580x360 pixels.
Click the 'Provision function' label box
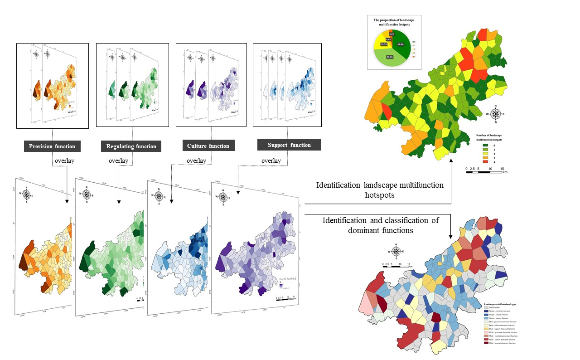[x=52, y=146]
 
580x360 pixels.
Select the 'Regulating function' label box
[x=131, y=146]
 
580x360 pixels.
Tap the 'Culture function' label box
[x=208, y=146]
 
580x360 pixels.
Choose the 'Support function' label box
[x=289, y=145]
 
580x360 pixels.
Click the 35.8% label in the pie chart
[x=400, y=44]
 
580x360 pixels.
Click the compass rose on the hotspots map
[x=496, y=114]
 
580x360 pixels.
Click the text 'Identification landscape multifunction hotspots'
[x=380, y=190]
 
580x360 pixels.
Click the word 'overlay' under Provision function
[x=65, y=161]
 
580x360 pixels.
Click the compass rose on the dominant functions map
[x=396, y=251]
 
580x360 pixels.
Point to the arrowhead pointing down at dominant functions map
[x=451, y=236]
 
